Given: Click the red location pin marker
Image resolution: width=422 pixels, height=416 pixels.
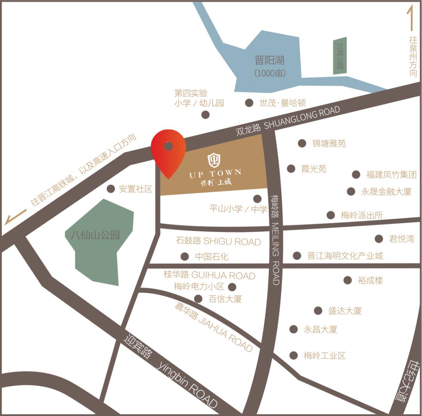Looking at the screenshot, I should [168, 151].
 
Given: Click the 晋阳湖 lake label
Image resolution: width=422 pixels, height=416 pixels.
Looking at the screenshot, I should [270, 61].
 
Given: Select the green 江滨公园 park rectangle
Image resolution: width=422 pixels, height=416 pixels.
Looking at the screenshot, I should [339, 56].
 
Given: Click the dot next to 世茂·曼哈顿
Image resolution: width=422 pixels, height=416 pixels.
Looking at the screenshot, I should [249, 103].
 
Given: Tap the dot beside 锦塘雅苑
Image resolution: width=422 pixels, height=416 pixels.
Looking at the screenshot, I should [302, 143].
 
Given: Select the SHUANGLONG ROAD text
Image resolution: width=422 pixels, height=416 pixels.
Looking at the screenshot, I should [302, 118].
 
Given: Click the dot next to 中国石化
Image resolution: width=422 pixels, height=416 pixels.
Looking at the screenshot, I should [184, 257].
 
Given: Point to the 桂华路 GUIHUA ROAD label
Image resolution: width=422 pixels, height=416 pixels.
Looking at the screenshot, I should [209, 275].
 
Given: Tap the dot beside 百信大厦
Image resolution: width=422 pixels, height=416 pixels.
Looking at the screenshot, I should [198, 299].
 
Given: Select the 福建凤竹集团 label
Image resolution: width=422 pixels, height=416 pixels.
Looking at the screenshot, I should [391, 175].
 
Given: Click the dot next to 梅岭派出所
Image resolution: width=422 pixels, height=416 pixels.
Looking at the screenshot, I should [331, 215].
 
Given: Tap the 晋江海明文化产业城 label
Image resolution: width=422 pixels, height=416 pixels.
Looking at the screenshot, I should [345, 256].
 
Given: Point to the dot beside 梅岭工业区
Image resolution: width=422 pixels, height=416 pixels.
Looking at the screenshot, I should [293, 355].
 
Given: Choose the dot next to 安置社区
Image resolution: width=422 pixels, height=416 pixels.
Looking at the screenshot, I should [111, 189].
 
